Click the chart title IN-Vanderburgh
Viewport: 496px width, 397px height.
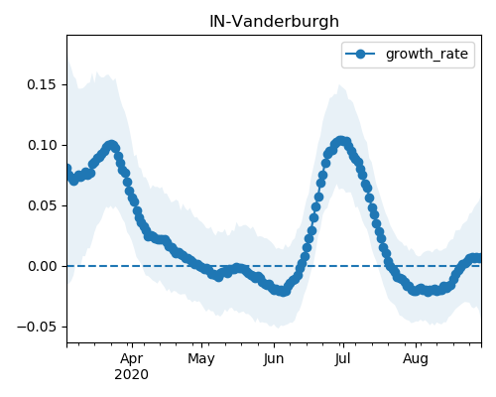pyautogui.click(x=274, y=22)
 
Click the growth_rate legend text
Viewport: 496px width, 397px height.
pyautogui.click(x=427, y=54)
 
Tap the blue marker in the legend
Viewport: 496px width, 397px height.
pyautogui.click(x=360, y=54)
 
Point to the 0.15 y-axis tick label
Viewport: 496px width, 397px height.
pyautogui.click(x=42, y=84)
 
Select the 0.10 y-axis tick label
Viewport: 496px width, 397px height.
pyautogui.click(x=42, y=145)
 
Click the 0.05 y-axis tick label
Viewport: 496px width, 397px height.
pyautogui.click(x=42, y=205)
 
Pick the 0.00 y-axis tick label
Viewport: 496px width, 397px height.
pyautogui.click(x=42, y=266)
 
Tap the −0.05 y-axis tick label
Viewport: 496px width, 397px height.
pyautogui.click(x=37, y=327)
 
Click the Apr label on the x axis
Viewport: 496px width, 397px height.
pyautogui.click(x=132, y=358)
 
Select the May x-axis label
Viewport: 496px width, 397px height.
pyautogui.click(x=201, y=358)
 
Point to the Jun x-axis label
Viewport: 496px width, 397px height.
pyautogui.click(x=274, y=358)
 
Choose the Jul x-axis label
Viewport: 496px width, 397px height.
pyautogui.click(x=342, y=358)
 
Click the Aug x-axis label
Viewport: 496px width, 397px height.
pyautogui.click(x=416, y=358)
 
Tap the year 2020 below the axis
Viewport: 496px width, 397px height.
pyautogui.click(x=131, y=375)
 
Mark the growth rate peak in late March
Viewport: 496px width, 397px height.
pyautogui.click(x=111, y=145)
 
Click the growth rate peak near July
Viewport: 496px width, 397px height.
pyautogui.click(x=341, y=141)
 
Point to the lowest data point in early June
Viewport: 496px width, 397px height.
pyautogui.click(x=284, y=292)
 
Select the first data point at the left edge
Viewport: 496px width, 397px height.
pyautogui.click(x=67, y=169)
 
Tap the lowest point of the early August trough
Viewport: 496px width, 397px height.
pyautogui.click(x=429, y=292)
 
